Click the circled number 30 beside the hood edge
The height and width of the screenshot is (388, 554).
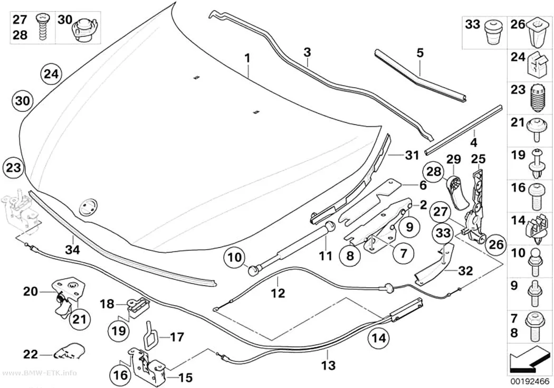click(22, 101)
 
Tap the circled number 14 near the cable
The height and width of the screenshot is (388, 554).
click(378, 338)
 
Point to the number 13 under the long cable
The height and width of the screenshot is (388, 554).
click(328, 365)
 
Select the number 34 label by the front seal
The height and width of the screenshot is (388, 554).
click(72, 250)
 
